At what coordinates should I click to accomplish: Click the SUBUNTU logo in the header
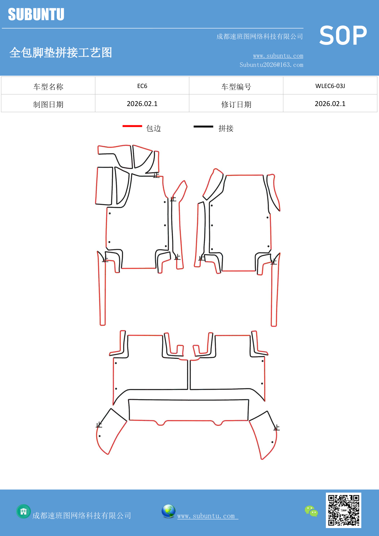tap(36, 14)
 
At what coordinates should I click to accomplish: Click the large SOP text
tap(343, 36)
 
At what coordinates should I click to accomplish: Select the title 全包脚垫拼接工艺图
tap(61, 53)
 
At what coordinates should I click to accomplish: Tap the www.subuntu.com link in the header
tap(278, 56)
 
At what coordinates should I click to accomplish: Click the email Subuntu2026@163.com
tap(271, 65)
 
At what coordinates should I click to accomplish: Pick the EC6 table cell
tap(142, 86)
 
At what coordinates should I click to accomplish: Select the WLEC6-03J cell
tap(330, 86)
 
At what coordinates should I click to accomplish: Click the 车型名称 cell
tap(48, 86)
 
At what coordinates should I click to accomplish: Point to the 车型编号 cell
tap(236, 86)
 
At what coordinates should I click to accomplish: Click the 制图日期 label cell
tap(48, 104)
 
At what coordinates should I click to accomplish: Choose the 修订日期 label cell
tap(236, 104)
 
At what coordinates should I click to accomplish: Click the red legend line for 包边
tap(132, 126)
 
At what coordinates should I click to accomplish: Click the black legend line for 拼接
tap(203, 126)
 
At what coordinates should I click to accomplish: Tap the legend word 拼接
tap(226, 128)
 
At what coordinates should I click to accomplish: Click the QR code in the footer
tap(344, 510)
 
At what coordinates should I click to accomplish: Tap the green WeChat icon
tap(311, 511)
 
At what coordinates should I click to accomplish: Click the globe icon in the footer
tap(168, 511)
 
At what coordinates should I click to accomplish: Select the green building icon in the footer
tap(24, 511)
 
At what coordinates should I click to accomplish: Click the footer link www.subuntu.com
tap(206, 516)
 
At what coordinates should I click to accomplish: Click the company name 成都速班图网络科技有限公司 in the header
tap(260, 36)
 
